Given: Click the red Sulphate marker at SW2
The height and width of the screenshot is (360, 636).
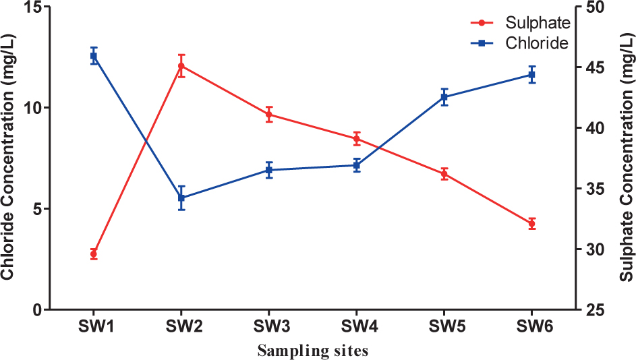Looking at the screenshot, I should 181,66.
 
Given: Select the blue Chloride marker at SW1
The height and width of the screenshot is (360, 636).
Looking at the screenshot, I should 94,56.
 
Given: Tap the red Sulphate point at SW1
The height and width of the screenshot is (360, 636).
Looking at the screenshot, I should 94,254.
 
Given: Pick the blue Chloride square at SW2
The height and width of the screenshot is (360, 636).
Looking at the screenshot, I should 181,198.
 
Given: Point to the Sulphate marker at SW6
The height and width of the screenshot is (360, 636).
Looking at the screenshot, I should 531,224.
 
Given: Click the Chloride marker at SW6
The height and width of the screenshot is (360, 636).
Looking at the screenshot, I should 531,74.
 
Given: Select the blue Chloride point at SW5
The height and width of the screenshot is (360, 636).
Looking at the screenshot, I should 444,97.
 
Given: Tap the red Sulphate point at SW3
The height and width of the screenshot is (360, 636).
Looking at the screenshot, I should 269,115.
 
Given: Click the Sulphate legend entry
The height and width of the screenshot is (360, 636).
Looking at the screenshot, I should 519,22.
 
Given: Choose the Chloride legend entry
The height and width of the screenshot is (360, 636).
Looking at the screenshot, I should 519,42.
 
